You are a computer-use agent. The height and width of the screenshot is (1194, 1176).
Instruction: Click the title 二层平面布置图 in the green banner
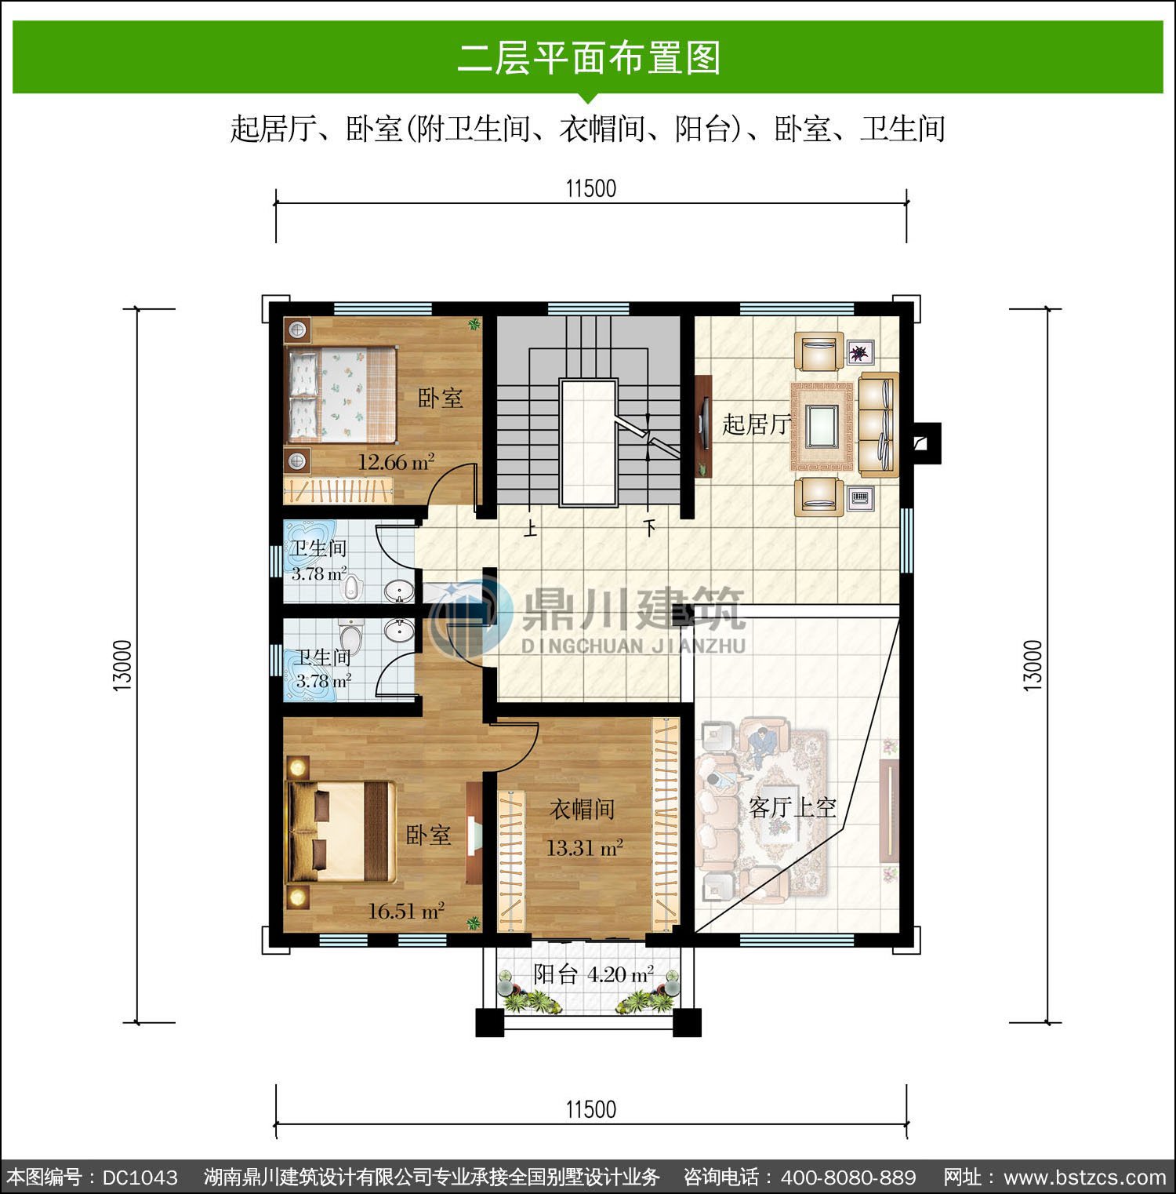click(x=589, y=58)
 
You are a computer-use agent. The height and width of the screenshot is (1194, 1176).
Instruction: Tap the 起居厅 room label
click(x=756, y=424)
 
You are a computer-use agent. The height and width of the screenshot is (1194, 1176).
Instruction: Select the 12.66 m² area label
click(x=396, y=461)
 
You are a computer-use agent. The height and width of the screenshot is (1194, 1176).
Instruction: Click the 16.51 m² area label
click(x=406, y=911)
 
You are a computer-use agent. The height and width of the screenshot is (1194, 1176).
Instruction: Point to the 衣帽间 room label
click(x=582, y=809)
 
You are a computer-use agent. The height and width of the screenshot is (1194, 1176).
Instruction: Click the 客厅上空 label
click(x=793, y=807)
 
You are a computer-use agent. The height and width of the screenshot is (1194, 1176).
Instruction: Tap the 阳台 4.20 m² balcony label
click(x=593, y=974)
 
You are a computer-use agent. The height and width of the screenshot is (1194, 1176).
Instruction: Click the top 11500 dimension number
click(x=591, y=188)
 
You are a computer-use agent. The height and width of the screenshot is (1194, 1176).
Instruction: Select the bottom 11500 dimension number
click(x=591, y=1109)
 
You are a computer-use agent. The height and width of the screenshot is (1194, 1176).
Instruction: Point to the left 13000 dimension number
click(x=123, y=666)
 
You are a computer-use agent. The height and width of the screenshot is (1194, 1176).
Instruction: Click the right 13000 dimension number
click(x=1033, y=666)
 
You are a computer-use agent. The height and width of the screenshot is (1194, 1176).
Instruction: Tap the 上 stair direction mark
click(x=531, y=529)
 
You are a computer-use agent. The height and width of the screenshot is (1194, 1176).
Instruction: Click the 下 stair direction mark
click(x=650, y=529)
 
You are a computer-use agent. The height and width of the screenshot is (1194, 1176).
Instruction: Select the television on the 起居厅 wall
click(x=703, y=425)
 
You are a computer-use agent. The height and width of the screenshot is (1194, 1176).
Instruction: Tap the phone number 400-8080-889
click(x=848, y=1178)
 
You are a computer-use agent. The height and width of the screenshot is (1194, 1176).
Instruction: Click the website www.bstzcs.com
click(x=1085, y=1178)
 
